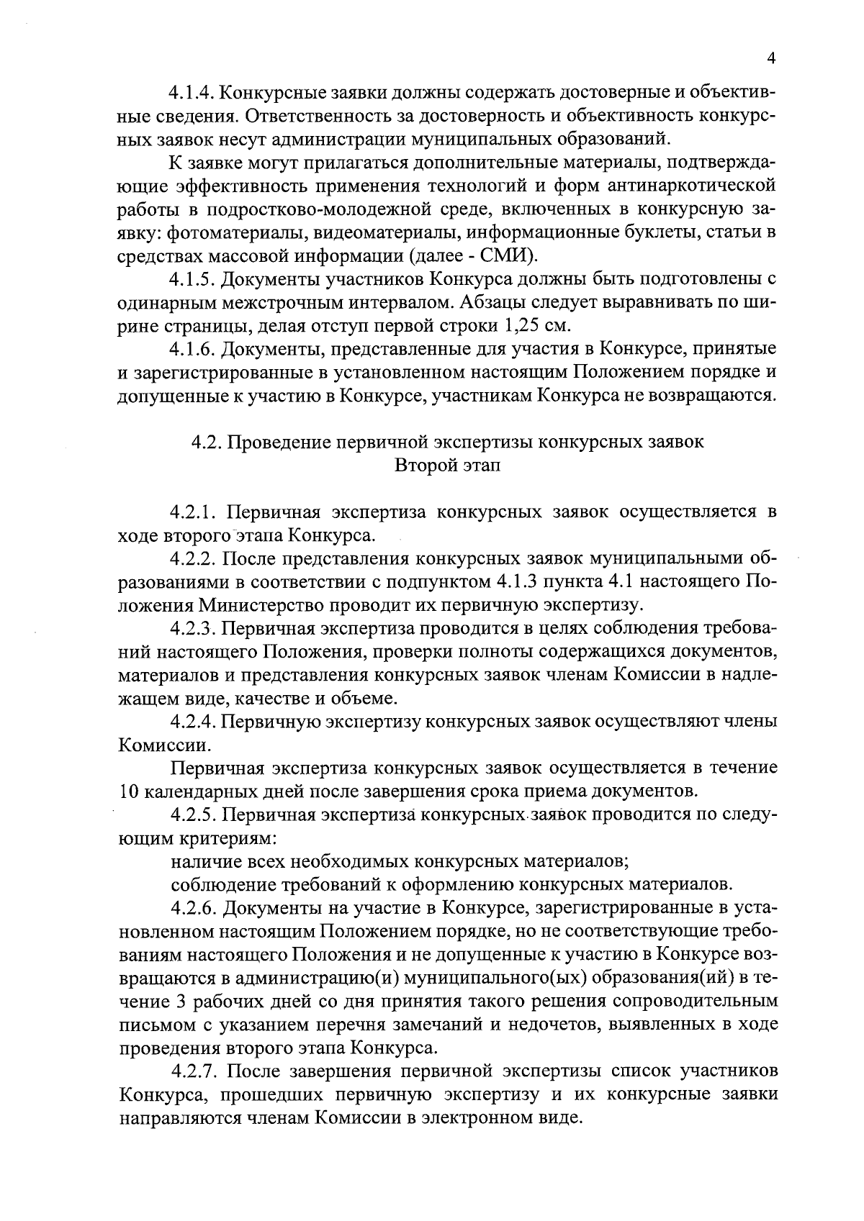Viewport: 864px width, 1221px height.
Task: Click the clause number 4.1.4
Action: [191, 93]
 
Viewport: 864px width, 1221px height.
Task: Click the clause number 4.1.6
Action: [191, 349]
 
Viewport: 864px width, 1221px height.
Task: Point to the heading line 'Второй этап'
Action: [447, 466]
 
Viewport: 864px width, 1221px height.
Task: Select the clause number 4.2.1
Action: [194, 512]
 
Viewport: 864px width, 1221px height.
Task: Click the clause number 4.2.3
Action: [194, 629]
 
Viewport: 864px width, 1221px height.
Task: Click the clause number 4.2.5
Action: [194, 816]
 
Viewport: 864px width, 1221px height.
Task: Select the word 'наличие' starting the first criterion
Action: [202, 861]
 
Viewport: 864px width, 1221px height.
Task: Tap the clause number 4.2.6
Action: [194, 908]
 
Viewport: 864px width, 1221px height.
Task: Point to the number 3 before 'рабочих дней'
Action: [179, 1002]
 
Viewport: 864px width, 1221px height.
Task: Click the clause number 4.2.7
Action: [194, 1071]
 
